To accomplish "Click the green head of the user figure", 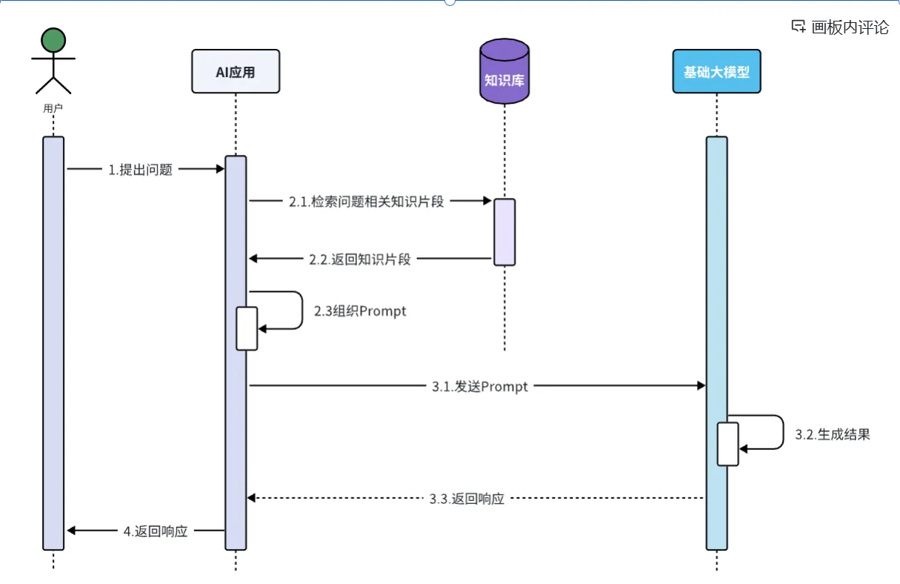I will point(53,41).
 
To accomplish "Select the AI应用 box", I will point(236,71).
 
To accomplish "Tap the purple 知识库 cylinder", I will point(504,74).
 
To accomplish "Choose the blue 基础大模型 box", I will point(716,72).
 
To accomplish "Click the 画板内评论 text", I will point(850,27).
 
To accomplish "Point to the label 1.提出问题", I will point(140,170).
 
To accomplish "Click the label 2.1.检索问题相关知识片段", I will point(366,201).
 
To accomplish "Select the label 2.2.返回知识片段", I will point(359,259).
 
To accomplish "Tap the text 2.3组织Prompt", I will point(360,311).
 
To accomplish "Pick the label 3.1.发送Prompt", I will point(480,386).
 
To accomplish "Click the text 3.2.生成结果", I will point(833,435).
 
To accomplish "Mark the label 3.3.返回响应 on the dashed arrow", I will point(467,499).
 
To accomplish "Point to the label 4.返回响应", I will point(156,531).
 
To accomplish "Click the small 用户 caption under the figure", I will point(53,108).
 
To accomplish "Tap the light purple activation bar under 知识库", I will point(504,232).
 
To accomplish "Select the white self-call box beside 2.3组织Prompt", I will point(247,328).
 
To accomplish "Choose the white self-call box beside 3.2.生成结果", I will point(728,444).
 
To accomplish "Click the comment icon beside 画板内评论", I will point(799,27).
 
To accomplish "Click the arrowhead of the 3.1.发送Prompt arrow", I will point(701,385).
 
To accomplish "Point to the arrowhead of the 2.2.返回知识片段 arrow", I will point(253,258).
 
